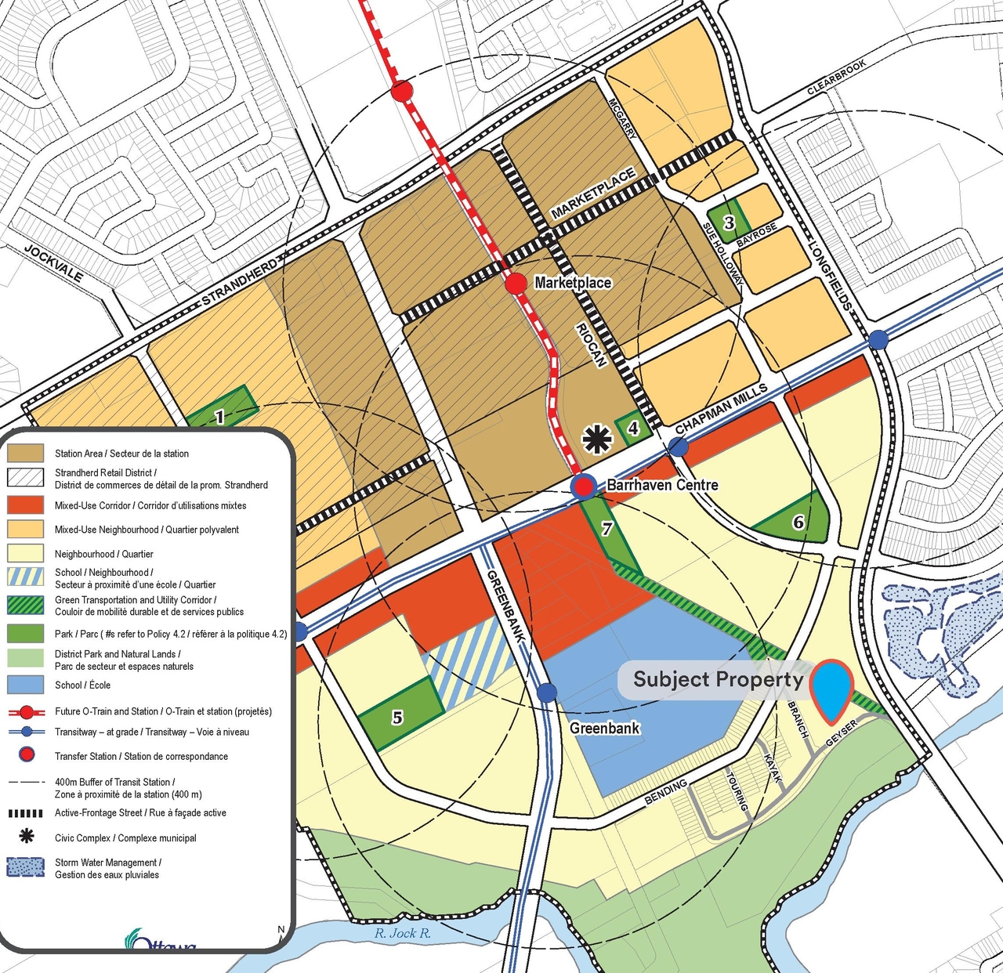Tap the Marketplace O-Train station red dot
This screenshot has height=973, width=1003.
[x=516, y=284]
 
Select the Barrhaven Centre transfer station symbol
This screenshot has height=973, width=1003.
[x=584, y=486]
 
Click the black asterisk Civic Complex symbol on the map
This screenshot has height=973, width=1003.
[x=597, y=439]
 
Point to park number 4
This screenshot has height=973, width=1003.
[x=632, y=428]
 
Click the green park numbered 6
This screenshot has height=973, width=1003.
[x=798, y=522]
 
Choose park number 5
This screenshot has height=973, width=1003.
[x=397, y=716]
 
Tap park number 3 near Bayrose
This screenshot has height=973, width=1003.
[x=728, y=222]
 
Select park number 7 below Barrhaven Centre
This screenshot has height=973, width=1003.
[x=607, y=529]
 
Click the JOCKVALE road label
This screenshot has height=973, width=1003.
[x=53, y=263]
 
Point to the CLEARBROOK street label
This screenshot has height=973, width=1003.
[x=836, y=78]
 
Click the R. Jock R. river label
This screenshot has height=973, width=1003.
[x=402, y=933]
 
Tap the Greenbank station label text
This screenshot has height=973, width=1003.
[x=604, y=729]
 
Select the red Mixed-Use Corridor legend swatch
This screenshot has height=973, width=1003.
[x=25, y=505]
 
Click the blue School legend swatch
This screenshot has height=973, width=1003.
[x=25, y=685]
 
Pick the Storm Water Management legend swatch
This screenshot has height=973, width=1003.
[x=25, y=868]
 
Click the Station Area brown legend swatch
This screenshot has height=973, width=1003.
[x=25, y=453]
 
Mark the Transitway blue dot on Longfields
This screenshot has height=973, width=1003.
[x=878, y=339]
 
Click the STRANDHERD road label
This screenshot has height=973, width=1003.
[x=239, y=282]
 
